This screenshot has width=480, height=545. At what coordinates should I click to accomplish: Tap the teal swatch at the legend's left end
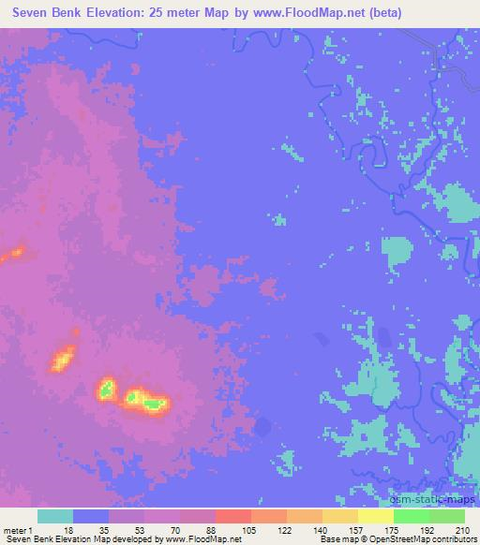coord(55,516)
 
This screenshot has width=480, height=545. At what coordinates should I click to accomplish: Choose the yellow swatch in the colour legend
coord(376,516)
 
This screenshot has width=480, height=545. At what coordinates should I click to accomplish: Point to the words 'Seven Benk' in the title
coord(48,13)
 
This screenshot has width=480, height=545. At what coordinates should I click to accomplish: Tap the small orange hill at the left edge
coord(13,253)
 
